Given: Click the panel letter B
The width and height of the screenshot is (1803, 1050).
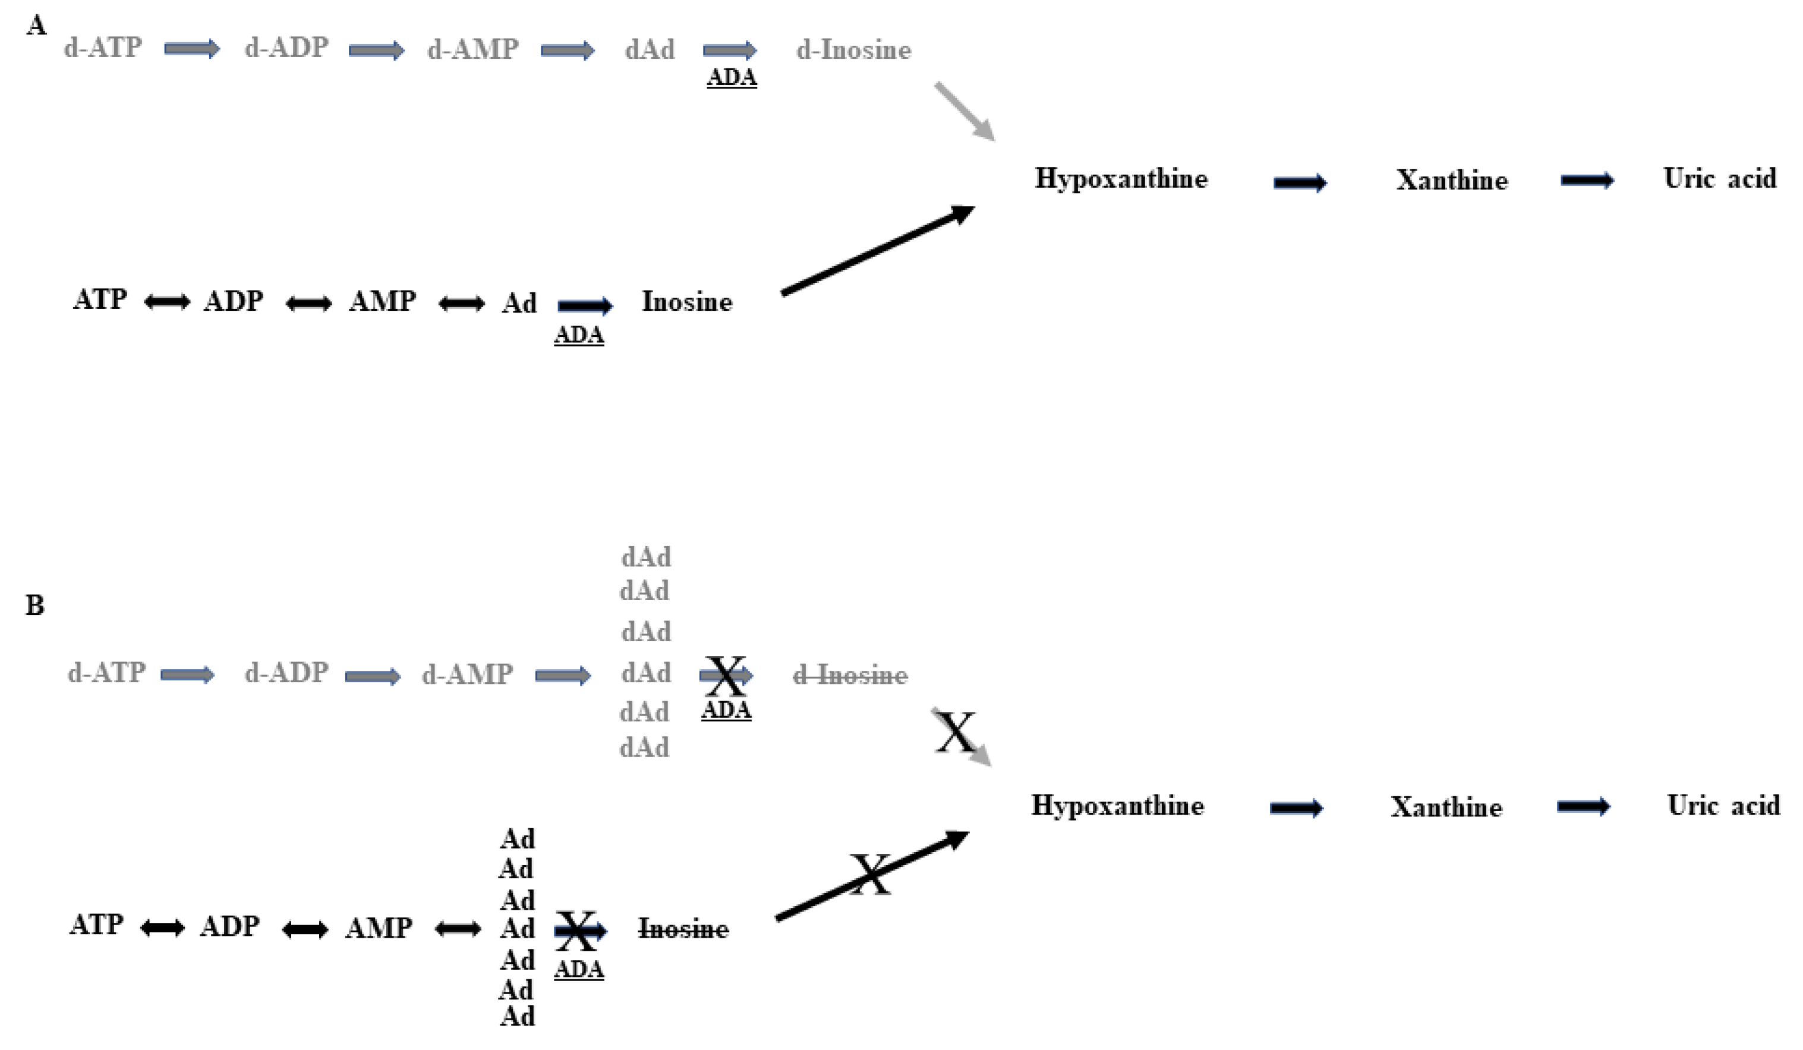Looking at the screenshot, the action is (x=34, y=606).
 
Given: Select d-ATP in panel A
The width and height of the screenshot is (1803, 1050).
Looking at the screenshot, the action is (x=103, y=48).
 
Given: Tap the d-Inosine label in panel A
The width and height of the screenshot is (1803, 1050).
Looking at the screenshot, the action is (x=853, y=50).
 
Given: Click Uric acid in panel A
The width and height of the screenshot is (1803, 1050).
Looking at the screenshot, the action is (x=1719, y=178).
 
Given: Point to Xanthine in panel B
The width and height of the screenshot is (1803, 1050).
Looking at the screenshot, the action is (x=1446, y=808).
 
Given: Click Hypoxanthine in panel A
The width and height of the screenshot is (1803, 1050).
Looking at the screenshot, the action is (x=1121, y=179).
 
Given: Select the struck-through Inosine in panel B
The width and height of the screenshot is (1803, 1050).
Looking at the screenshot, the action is (x=683, y=929).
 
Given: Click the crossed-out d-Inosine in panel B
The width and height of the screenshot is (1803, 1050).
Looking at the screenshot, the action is (x=850, y=674).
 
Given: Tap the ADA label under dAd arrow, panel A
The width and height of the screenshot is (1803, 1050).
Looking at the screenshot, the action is (x=731, y=77).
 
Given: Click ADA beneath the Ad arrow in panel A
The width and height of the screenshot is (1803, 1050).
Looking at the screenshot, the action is (x=579, y=334).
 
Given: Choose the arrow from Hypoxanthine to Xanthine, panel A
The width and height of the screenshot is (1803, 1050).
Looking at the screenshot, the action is (x=1300, y=183).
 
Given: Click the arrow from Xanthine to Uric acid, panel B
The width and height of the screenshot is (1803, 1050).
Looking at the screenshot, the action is (x=1583, y=807).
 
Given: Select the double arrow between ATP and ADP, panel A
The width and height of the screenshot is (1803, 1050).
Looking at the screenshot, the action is (x=167, y=302).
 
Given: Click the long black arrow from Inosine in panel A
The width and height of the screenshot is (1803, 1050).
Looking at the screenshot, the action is (x=878, y=250).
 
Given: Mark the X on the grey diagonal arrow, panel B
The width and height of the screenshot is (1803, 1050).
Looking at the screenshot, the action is (x=955, y=733).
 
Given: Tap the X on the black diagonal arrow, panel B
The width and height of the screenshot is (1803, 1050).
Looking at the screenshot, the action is (x=871, y=874).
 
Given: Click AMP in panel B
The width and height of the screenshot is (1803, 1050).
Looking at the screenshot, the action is (x=379, y=928).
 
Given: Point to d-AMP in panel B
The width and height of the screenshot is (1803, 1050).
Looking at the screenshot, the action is (x=467, y=674).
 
